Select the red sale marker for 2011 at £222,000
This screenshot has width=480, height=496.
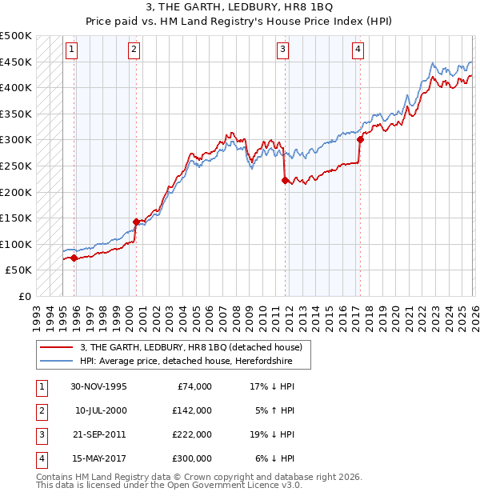(285, 181)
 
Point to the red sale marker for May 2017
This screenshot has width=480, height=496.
(360, 139)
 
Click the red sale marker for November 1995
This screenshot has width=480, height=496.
(74, 258)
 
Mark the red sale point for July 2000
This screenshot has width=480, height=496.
(136, 222)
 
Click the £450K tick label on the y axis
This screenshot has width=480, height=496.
(16, 62)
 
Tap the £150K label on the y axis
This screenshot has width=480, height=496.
(16, 218)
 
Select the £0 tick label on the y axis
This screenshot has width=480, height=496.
(24, 296)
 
